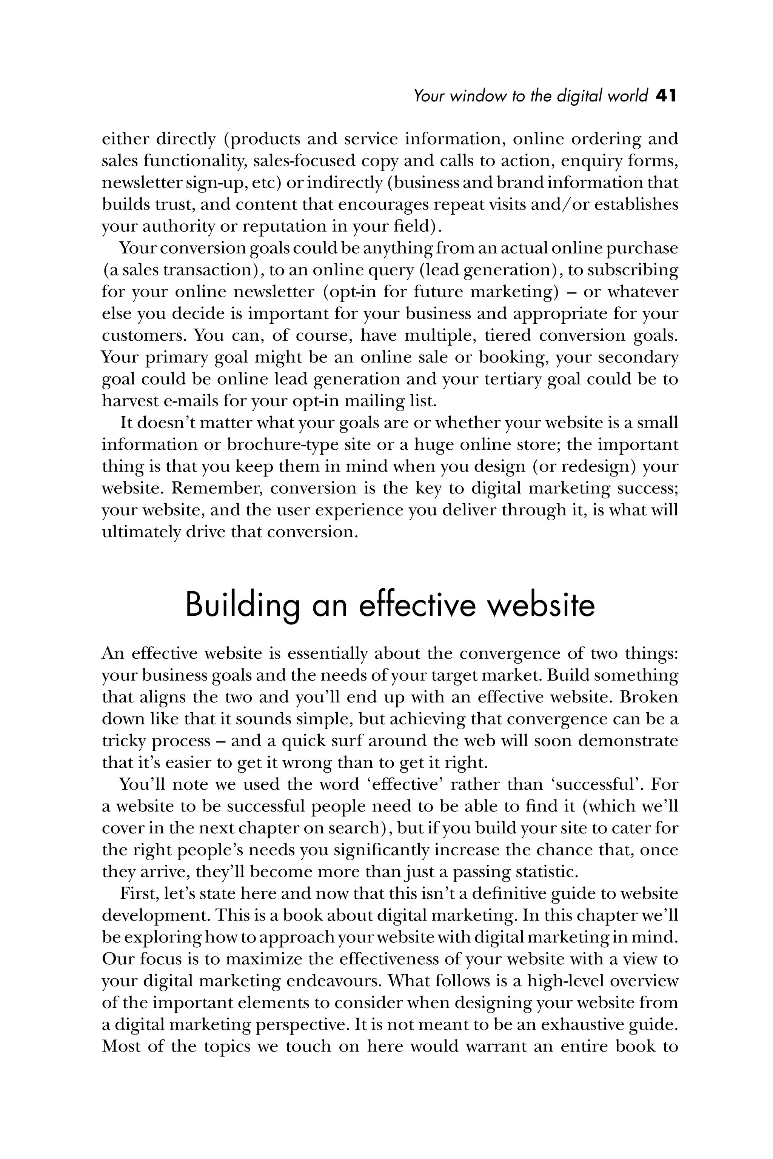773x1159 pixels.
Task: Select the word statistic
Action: (546, 872)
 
